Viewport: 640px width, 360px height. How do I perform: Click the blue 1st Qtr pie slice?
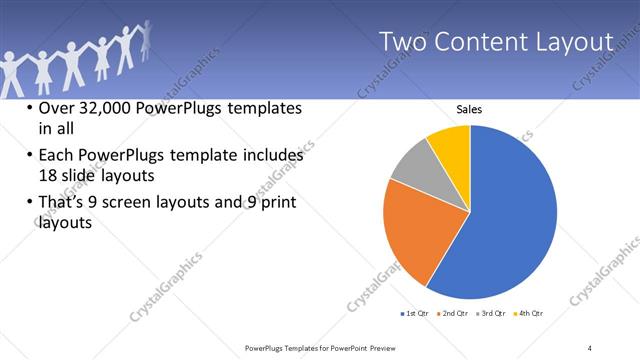(x=510, y=220)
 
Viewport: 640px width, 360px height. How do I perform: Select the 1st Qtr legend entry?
(x=414, y=313)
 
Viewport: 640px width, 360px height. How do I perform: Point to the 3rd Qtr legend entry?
(x=492, y=313)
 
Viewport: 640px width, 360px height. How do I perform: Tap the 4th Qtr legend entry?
(x=529, y=313)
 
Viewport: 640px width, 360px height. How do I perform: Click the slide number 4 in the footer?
(x=590, y=347)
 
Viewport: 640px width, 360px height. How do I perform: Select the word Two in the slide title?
(x=404, y=42)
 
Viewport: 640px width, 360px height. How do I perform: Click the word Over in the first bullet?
(x=56, y=109)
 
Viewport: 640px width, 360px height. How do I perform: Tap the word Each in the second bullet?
(x=55, y=156)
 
